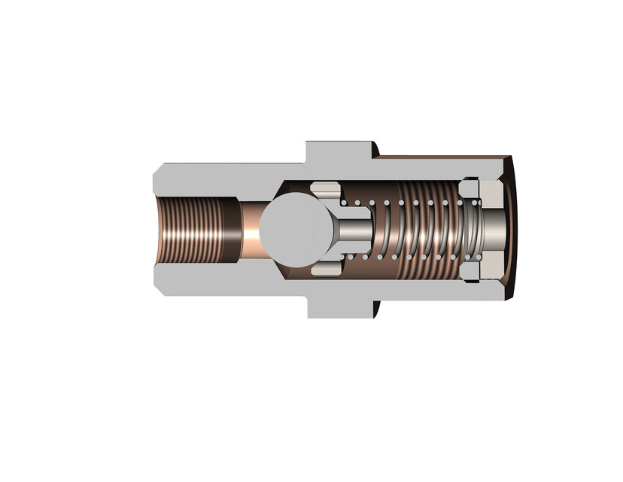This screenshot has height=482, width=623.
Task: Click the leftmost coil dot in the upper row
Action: (344, 203)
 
